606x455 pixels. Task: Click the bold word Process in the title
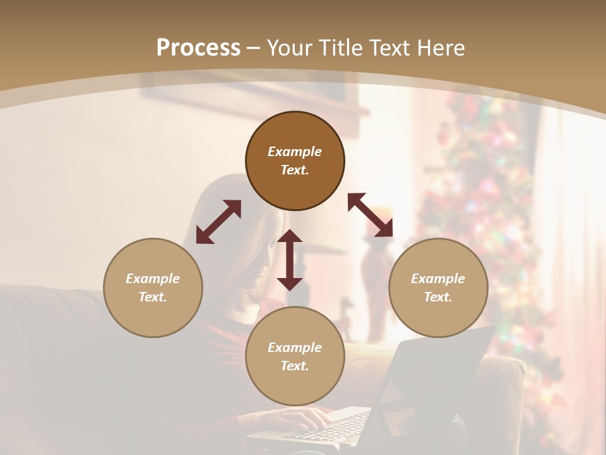pos(198,48)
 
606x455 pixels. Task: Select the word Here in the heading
pos(442,48)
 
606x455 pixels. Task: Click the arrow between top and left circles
pos(218,222)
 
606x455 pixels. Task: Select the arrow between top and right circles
pos(371,215)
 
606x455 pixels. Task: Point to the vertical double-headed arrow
pos(290,260)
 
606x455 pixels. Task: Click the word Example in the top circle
pos(295,152)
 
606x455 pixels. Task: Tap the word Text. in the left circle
pos(153,297)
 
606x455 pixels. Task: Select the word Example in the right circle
pos(438,279)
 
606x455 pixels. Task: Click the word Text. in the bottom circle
pos(295,366)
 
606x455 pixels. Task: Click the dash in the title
pos(254,48)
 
